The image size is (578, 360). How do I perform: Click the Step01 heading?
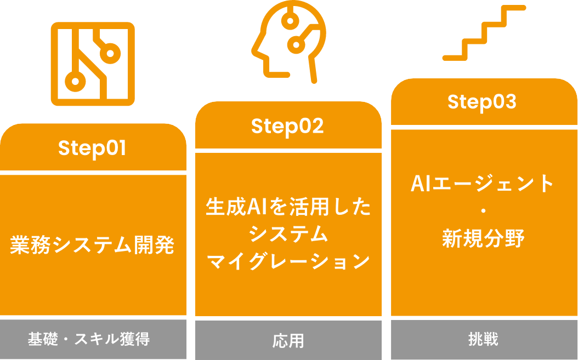coord(92,148)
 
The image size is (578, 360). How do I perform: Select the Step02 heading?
coord(287,126)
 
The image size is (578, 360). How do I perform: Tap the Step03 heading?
coord(482,102)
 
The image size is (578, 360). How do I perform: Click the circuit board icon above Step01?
coord(92,64)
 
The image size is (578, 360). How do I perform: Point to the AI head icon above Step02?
coord(288,41)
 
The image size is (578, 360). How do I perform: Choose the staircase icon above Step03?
coord(484,33)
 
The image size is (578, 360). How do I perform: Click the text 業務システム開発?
coord(92,245)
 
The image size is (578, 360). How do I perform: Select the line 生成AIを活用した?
coord(288,207)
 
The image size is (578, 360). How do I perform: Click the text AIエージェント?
coord(483,184)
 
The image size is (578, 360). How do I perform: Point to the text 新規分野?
coord(483,238)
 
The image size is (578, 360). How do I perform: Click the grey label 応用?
coord(288,340)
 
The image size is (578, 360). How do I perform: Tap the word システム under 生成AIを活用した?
coord(288,235)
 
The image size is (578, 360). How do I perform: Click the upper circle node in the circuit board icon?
coord(111,54)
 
